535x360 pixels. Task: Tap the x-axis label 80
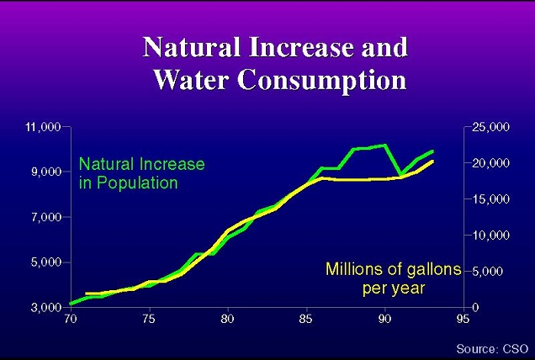227,320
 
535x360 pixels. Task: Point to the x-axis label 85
305,320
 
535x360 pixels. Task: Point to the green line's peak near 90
384,146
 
